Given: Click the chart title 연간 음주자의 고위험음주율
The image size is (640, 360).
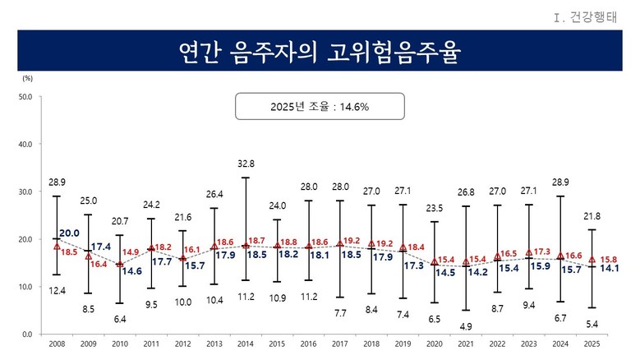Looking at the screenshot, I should click(x=320, y=53).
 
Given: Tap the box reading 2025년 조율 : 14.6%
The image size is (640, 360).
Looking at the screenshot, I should click(x=320, y=106).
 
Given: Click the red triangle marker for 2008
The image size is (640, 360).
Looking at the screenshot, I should click(x=57, y=246).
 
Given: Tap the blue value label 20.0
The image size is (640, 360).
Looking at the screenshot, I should click(x=69, y=233).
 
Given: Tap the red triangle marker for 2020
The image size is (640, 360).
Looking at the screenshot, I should click(x=434, y=262).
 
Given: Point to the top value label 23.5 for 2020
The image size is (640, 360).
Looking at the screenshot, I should click(x=434, y=209).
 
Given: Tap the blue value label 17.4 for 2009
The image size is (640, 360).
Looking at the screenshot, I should click(x=100, y=247).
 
